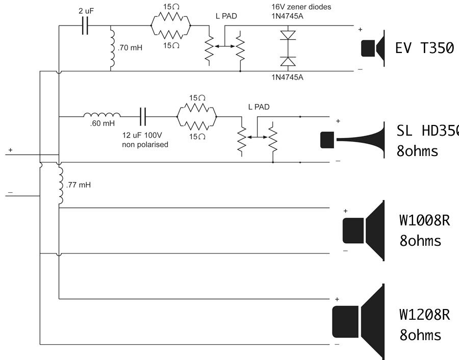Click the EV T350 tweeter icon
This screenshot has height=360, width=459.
(x=373, y=48)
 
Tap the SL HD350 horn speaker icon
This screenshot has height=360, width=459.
(x=352, y=139)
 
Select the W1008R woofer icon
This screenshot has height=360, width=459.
(x=363, y=230)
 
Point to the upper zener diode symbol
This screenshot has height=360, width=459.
(x=288, y=36)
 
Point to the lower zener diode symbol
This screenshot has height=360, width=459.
(x=288, y=61)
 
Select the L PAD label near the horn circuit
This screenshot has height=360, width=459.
(x=258, y=107)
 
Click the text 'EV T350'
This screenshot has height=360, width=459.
(x=424, y=48)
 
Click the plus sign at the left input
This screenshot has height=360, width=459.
(x=10, y=150)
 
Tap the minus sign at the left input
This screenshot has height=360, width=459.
(x=10, y=193)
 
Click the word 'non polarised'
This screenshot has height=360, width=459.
(x=145, y=145)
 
